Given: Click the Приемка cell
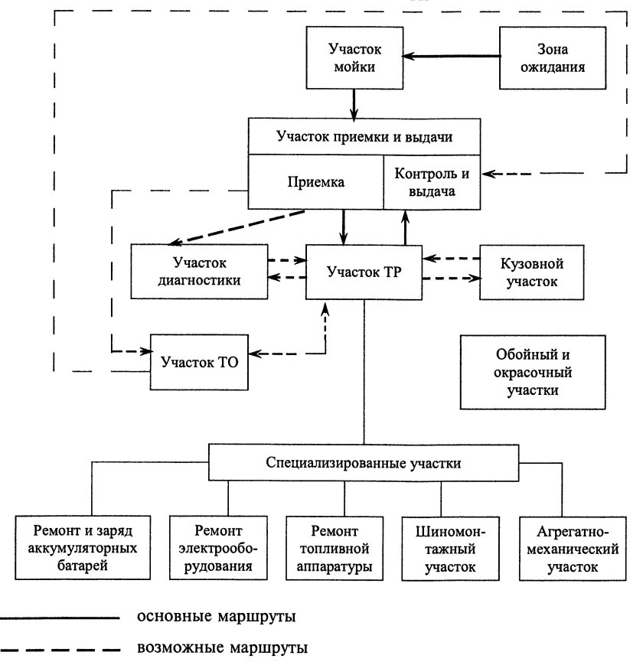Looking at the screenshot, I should coord(316,182).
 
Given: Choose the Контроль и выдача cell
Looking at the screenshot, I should coord(432,182).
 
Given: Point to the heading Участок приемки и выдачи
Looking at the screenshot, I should coord(364,138).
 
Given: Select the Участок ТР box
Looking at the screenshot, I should coord(364,272).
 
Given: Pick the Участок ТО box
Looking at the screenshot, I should coord(200,360).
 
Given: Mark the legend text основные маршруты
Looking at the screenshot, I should coord(217,615).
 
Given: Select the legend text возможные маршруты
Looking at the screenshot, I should coord(222,650).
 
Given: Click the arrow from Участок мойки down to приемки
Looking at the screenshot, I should coord(354,102).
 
